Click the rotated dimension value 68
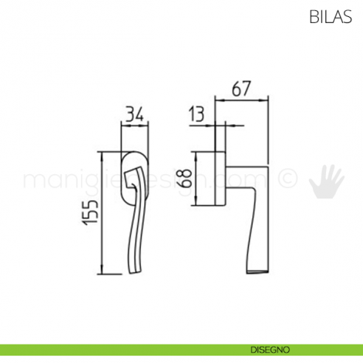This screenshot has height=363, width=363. click(x=188, y=178)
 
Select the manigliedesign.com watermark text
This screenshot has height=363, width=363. click(x=148, y=180)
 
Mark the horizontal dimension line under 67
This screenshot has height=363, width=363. click(x=239, y=99)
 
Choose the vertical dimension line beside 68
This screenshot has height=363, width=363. click(x=197, y=178)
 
